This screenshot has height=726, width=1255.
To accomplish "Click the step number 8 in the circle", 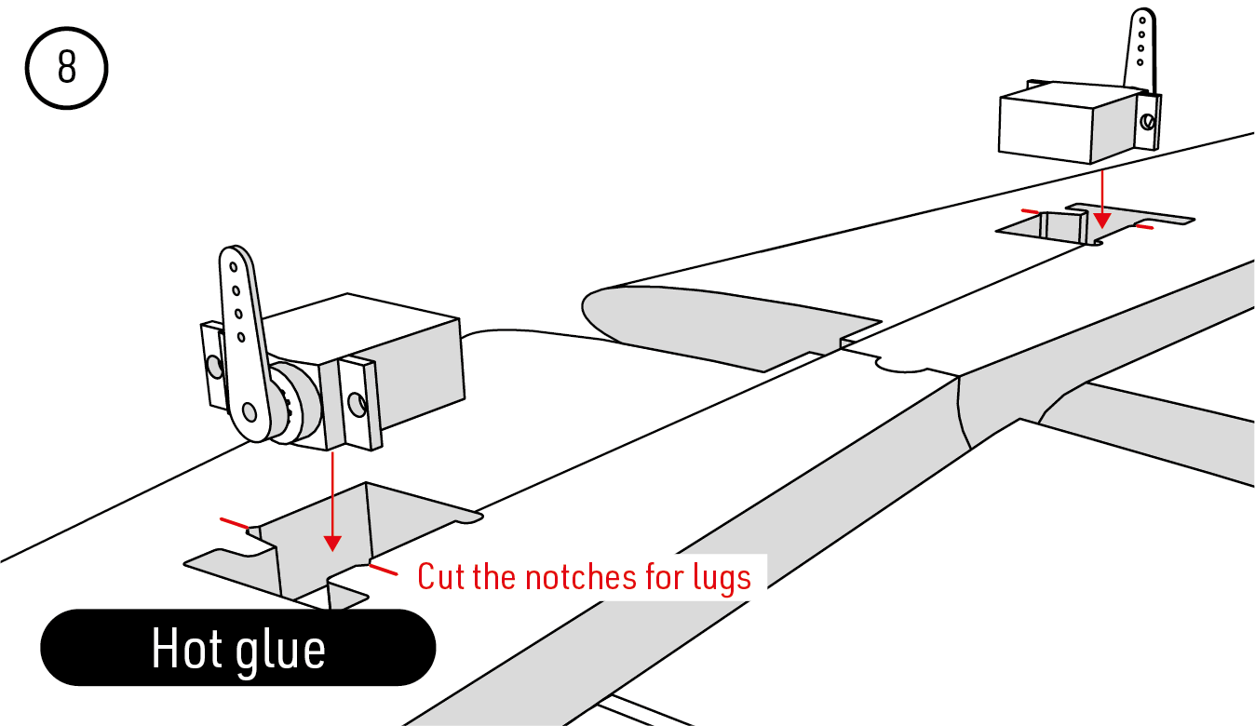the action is click(67, 67).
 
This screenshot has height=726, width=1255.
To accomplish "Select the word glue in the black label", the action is click(280, 652).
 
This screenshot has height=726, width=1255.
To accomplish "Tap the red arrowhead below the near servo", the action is click(332, 544).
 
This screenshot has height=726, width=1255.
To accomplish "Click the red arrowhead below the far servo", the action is click(1102, 221).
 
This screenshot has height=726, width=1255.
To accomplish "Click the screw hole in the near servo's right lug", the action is click(357, 404).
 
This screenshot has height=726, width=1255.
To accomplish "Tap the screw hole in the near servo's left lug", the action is click(213, 367).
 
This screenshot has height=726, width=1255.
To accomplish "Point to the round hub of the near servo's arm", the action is click(292, 402).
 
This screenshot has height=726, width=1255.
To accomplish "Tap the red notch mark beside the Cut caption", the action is click(384, 570).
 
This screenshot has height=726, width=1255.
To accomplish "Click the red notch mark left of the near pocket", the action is click(235, 523).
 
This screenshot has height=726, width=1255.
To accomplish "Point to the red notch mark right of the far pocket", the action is click(1144, 226).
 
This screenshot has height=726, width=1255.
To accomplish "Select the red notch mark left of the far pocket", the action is click(1030, 212).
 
